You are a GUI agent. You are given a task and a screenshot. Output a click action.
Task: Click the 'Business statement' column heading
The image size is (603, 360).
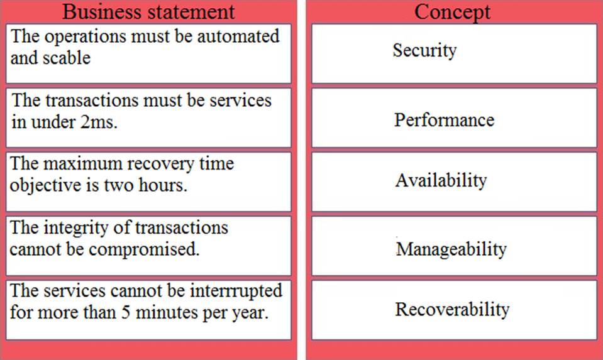coord(148,11)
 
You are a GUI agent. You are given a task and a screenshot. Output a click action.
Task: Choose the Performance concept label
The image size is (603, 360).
coord(444,120)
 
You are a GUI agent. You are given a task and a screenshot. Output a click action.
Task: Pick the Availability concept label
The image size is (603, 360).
coord(441,180)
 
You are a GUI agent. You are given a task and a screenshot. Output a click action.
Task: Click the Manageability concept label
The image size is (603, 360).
coord(451,249)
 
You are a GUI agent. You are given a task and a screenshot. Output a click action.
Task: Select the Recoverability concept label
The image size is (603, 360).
coord(452,310)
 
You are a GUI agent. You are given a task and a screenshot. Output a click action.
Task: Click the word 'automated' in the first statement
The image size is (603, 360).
coord(238,36)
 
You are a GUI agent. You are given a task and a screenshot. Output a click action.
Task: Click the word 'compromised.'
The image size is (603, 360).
coord(144,249)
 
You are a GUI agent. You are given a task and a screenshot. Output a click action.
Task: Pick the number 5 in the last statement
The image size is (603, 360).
coord(126,313)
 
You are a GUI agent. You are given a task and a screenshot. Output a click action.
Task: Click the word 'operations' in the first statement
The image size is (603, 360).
coord(85,37)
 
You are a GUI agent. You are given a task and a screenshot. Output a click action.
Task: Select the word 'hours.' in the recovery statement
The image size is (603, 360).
coord(163,185)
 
